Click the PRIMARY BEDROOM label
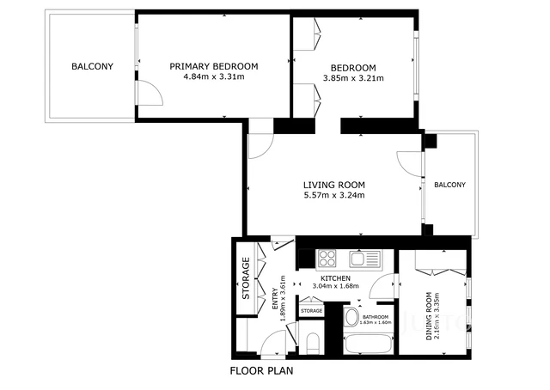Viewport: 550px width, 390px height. pos(214,66)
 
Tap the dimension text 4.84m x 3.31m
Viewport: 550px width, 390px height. pos(214,76)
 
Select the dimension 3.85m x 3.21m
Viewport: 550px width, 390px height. pos(354,78)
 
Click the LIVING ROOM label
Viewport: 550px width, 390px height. pos(334,185)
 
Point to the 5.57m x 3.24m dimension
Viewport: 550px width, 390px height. pos(334,195)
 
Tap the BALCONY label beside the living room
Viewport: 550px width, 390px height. pos(449,185)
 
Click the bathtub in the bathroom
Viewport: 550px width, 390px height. pos(369,345)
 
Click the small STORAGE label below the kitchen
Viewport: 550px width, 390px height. pos(311,311)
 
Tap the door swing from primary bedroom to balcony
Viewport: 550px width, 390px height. pos(148,90)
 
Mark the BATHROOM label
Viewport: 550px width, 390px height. pos(376,318)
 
